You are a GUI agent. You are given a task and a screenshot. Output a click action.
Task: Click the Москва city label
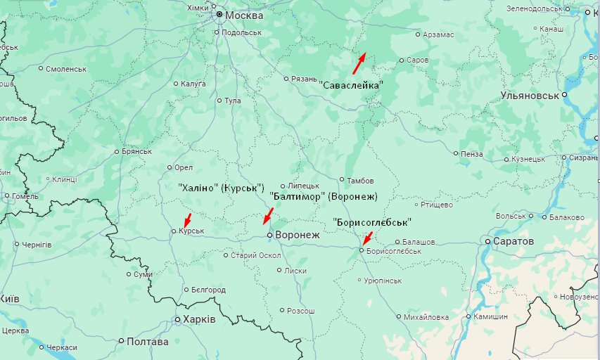click(243, 14)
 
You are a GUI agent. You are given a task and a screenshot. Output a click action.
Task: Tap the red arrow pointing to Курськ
click(186, 220)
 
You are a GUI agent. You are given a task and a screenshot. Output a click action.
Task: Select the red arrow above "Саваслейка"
click(359, 63)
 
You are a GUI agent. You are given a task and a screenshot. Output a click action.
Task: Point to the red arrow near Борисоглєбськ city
click(367, 238)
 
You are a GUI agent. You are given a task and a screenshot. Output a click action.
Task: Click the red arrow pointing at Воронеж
click(268, 215)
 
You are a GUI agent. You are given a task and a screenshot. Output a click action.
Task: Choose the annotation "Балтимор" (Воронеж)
click(324, 196)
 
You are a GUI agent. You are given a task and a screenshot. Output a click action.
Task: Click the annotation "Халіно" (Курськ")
click(220, 188)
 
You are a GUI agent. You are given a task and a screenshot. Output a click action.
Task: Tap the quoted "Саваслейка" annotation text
click(351, 84)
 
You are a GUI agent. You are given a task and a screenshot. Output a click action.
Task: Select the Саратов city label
click(515, 241)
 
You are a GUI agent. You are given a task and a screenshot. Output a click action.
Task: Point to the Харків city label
click(199, 319)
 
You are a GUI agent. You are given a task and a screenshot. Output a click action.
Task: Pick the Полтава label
click(148, 342)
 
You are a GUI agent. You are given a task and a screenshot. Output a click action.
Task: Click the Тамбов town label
click(361, 180)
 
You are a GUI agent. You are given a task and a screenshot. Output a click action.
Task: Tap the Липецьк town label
click(303, 186)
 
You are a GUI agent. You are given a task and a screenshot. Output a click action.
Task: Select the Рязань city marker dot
click(286, 79)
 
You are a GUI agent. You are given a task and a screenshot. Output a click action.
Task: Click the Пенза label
click(472, 153)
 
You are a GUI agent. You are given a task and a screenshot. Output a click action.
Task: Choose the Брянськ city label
click(136, 151)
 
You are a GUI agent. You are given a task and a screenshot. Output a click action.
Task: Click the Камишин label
click(490, 316)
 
